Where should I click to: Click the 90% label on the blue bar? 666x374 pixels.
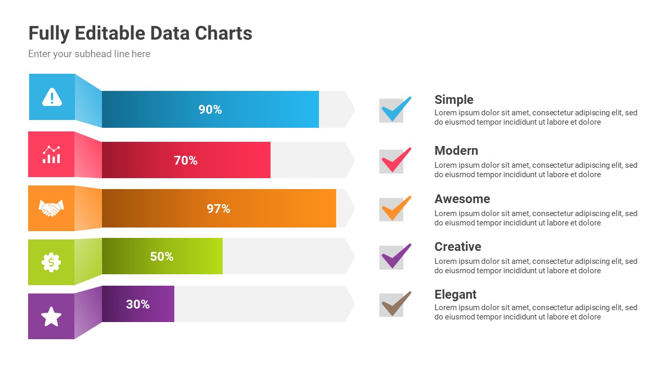[210, 110]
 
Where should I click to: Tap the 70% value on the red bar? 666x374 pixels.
[186, 161]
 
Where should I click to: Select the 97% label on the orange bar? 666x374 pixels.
[219, 209]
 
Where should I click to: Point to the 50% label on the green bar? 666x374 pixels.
[162, 257]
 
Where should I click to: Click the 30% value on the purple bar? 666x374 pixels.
[138, 304]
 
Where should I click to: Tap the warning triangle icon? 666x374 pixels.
[52, 97]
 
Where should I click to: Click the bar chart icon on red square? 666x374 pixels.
[52, 154]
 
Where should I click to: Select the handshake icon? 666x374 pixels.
[52, 208]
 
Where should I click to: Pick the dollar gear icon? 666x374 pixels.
[52, 262]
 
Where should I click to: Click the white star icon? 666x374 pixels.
[52, 316]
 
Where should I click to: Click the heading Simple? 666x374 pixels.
[454, 100]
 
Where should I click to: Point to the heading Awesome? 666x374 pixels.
[462, 199]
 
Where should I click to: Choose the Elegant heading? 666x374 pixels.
[455, 295]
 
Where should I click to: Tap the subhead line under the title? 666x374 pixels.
[89, 54]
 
